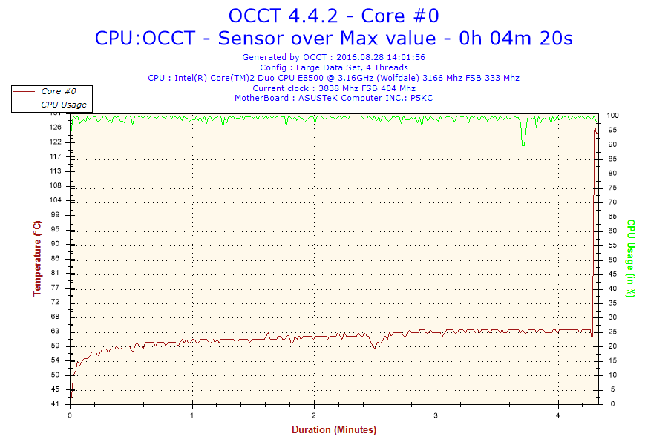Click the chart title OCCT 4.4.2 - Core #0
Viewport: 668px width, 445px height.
[333, 16]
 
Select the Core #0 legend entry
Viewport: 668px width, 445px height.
[58, 91]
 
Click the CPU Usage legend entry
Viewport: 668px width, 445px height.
[63, 105]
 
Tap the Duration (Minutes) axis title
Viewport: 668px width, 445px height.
[333, 430]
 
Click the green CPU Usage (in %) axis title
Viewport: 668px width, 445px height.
[631, 258]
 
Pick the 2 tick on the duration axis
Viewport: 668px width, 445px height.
[315, 415]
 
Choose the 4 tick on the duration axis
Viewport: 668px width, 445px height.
[558, 415]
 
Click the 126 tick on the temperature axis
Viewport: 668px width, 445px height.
[56, 128]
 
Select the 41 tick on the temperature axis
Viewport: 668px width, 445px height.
[56, 404]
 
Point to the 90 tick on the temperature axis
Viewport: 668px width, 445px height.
[56, 244]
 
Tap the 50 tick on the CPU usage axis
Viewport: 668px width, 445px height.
[613, 260]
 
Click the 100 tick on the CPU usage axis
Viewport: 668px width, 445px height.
[615, 115]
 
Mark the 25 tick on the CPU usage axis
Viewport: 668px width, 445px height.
[613, 332]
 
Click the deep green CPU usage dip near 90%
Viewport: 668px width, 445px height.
[524, 143]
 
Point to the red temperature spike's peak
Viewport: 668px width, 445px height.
[594, 128]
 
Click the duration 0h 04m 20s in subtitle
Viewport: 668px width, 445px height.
[517, 37]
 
